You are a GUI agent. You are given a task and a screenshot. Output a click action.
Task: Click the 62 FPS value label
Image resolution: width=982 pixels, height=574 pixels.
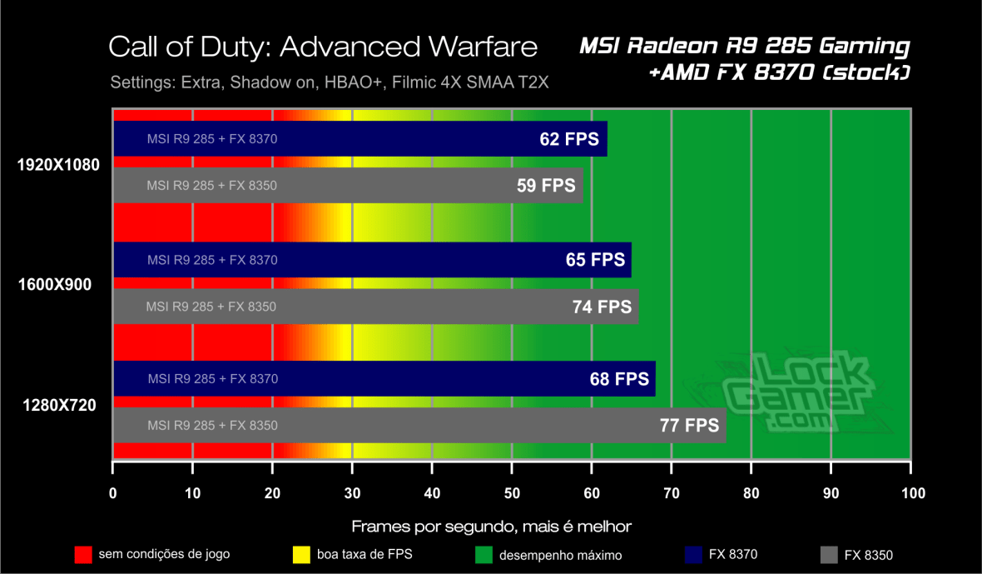[x=569, y=139]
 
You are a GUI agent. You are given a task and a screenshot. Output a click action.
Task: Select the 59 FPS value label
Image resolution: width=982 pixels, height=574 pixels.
[x=546, y=186]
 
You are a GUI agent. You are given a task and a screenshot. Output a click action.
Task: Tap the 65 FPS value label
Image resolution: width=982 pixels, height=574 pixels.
[x=595, y=260]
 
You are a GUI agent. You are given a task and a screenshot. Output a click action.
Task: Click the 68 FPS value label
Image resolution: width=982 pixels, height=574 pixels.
[x=619, y=379]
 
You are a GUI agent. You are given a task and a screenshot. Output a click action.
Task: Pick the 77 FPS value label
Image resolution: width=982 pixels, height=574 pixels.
[x=689, y=426]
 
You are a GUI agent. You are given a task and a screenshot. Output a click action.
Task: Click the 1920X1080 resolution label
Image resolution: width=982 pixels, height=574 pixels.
[x=58, y=165]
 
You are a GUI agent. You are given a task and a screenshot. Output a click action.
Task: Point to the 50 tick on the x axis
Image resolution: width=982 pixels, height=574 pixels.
[x=512, y=493]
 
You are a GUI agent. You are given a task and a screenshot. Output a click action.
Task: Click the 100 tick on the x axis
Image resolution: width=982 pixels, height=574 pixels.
[x=912, y=493]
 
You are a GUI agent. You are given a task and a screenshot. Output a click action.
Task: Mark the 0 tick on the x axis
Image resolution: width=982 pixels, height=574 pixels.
[x=113, y=493]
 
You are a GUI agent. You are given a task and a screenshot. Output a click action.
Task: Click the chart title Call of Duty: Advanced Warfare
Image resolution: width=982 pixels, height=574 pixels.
[x=322, y=47]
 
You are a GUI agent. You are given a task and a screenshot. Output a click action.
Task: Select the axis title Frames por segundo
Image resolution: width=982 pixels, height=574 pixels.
[x=491, y=527]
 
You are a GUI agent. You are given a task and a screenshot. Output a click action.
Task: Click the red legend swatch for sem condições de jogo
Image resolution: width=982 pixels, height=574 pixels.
[x=83, y=554]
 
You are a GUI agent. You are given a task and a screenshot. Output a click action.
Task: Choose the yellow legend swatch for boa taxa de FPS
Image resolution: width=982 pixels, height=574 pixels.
[x=303, y=554]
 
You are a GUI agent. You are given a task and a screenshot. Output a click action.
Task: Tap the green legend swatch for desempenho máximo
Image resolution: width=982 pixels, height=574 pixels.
[x=483, y=554]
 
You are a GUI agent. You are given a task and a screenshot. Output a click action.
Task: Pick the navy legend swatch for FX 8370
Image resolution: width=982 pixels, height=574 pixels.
[x=692, y=554]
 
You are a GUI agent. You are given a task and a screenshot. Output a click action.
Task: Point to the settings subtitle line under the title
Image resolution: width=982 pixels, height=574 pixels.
[x=329, y=82]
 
